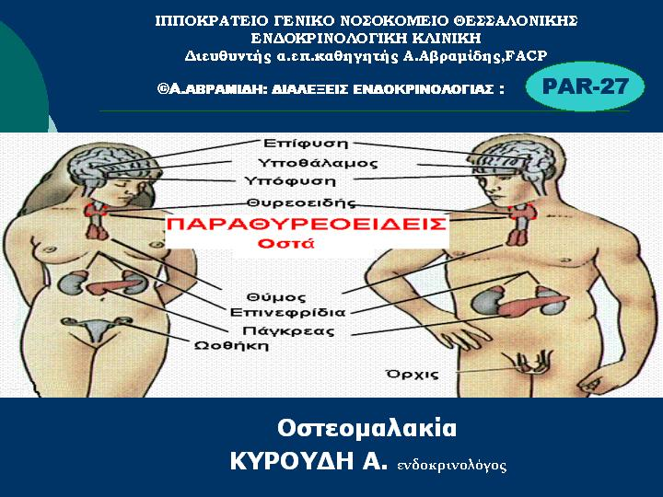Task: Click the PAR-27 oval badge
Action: pyautogui.click(x=586, y=87)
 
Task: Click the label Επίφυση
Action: pyautogui.click(x=306, y=144)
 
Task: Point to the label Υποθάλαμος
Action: pyautogui.click(x=318, y=163)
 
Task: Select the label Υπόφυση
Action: pyautogui.click(x=290, y=181)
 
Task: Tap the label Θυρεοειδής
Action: pyautogui.click(x=301, y=202)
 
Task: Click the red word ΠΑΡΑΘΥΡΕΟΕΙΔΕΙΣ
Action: pyautogui.click(x=307, y=224)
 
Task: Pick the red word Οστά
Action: pyautogui.click(x=286, y=243)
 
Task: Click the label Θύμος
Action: pyautogui.click(x=275, y=297)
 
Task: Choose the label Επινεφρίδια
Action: pyautogui.click(x=287, y=313)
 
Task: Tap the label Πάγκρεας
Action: pyautogui.click(x=288, y=330)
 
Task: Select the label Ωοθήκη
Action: pyautogui.click(x=231, y=346)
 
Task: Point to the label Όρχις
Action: pyautogui.click(x=413, y=375)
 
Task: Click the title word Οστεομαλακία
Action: pyautogui.click(x=367, y=428)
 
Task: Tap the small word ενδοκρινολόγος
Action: pyautogui.click(x=451, y=466)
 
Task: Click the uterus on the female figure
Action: pyautogui.click(x=96, y=328)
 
